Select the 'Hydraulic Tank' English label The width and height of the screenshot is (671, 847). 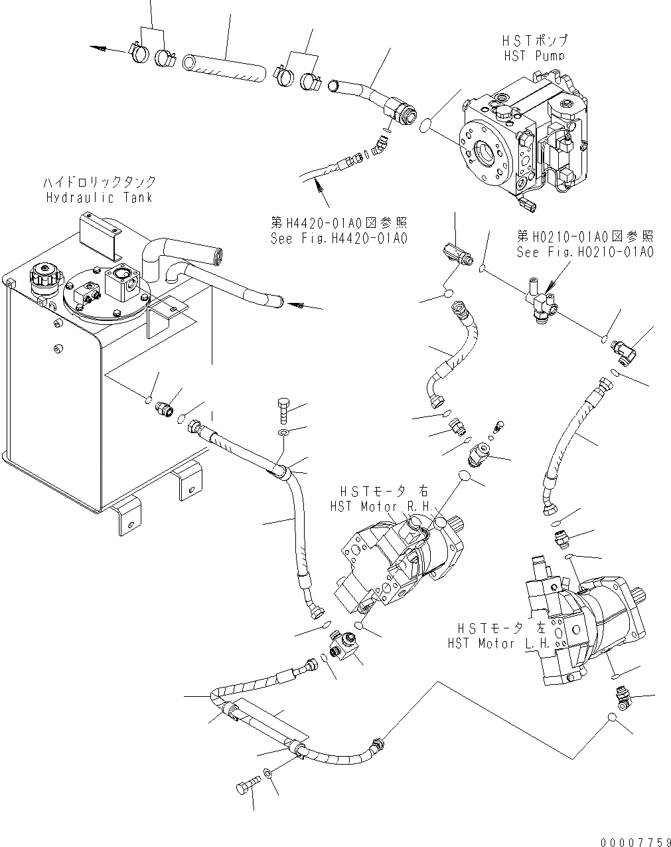coord(99,197)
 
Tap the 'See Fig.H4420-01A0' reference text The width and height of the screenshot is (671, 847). coord(338,238)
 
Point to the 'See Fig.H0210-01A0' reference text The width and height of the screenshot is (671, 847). coord(585,252)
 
